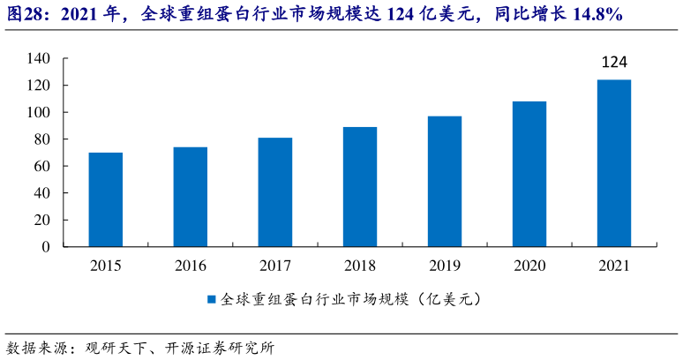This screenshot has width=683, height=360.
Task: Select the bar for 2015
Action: point(105,199)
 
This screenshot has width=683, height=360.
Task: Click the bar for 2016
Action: point(190,197)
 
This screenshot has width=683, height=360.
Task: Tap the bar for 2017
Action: point(274,192)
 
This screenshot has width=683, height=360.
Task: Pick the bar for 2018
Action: point(360,187)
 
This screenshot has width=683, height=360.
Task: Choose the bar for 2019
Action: point(445,182)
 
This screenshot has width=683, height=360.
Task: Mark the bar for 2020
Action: point(529,174)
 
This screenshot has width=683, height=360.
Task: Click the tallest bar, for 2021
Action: point(614,163)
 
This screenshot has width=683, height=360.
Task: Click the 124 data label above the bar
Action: point(614,63)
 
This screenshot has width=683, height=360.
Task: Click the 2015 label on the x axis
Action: point(105,265)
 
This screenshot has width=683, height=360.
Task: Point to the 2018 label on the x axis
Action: point(360,265)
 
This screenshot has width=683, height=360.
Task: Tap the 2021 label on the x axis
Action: point(614,265)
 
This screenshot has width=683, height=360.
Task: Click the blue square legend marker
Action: point(212,299)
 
